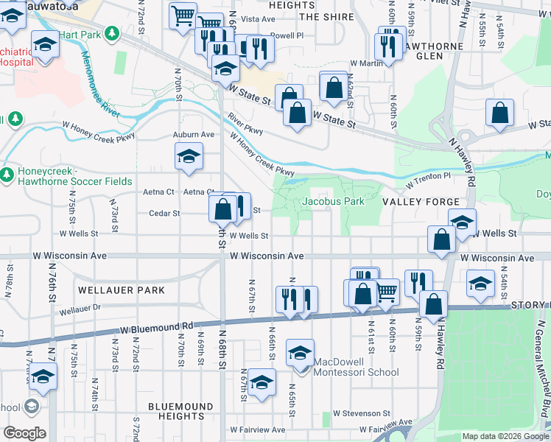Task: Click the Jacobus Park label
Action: click(333, 201)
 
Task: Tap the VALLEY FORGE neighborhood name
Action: click(421, 201)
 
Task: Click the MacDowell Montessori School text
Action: click(357, 367)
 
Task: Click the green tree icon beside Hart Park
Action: click(111, 33)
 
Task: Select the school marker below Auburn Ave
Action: click(189, 156)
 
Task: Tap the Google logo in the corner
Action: click(24, 433)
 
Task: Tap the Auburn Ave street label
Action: click(193, 135)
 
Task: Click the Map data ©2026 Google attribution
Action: click(505, 436)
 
